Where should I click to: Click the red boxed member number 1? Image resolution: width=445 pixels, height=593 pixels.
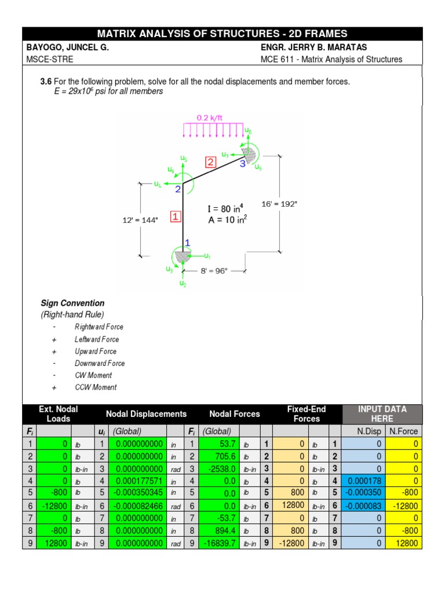pos(176,217)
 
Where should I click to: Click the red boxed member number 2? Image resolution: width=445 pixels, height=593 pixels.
pos(210,162)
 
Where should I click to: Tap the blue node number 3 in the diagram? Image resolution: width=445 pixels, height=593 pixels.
pos(243,164)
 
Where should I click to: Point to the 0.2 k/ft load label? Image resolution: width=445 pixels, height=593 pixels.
pos(210,118)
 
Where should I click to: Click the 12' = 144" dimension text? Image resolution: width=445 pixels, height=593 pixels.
pos(140,220)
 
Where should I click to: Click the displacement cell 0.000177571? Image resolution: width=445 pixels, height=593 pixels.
pos(139,481)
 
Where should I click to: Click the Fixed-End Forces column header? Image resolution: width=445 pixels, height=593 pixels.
pos(307,413)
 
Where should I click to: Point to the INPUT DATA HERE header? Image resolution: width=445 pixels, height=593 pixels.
pos(382,413)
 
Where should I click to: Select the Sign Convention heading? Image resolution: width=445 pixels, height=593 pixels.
pos(72,303)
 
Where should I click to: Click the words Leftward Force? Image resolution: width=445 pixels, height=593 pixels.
pos(97,339)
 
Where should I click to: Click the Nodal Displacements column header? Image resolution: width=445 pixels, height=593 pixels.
pos(146,413)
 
